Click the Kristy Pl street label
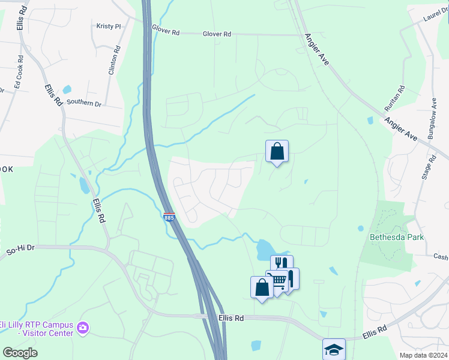[109, 26]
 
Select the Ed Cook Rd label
[19, 71]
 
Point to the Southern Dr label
[84, 103]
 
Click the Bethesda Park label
[396, 237]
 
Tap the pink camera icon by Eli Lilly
[83, 328]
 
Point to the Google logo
[20, 353]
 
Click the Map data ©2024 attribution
[424, 355]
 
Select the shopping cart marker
[277, 281]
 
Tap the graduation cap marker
[334, 349]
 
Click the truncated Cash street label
[441, 257]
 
